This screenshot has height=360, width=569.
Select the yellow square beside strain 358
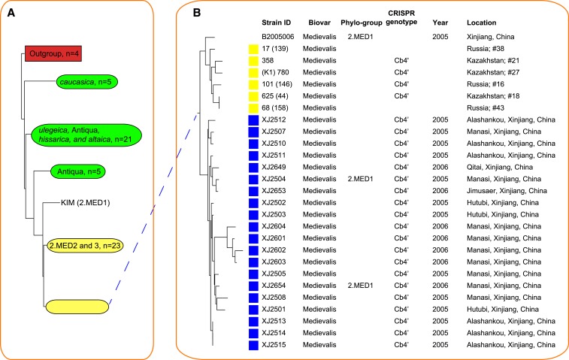click(254, 59)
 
